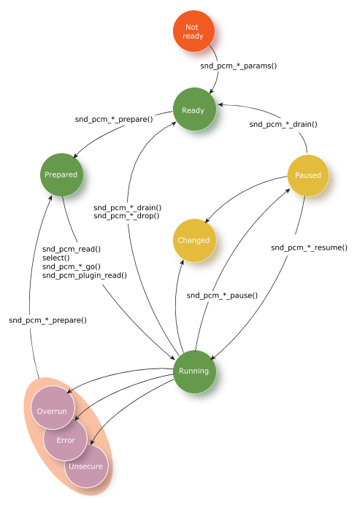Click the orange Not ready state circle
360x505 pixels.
tap(194, 31)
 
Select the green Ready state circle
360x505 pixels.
tap(194, 109)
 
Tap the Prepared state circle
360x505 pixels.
tap(61, 174)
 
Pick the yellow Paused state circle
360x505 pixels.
tap(307, 176)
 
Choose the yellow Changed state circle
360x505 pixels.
tap(194, 240)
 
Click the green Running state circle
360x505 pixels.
tap(194, 371)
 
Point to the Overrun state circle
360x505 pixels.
tap(53, 407)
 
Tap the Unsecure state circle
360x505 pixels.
tap(86, 466)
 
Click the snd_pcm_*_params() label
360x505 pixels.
tap(239, 66)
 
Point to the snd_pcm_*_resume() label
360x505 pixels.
tap(309, 247)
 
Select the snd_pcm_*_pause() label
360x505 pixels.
tap(222, 296)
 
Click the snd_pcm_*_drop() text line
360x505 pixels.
tap(126, 216)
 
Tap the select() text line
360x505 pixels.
tap(55, 258)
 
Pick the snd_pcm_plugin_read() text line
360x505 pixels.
tap(85, 276)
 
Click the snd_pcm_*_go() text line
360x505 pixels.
tap(72, 266)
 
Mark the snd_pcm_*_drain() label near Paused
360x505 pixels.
tap(283, 124)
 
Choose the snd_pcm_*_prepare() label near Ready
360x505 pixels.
tap(114, 120)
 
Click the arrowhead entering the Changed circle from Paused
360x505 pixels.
tap(207, 220)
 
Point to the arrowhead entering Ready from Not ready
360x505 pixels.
tap(212, 91)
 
